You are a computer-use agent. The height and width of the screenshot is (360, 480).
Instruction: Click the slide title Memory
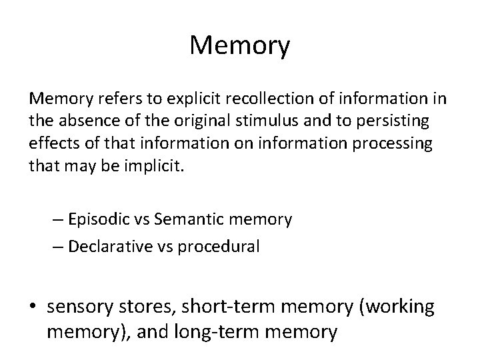pyautogui.click(x=240, y=46)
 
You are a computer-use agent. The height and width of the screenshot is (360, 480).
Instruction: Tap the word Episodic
pyautogui.click(x=97, y=219)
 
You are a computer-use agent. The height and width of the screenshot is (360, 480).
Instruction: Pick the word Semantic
pyautogui.click(x=195, y=219)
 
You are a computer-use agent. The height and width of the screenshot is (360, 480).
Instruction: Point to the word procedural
pyautogui.click(x=217, y=245)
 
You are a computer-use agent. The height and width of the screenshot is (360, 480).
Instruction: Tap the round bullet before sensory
pyautogui.click(x=33, y=307)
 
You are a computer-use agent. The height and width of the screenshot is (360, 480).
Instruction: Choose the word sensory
pyautogui.click(x=76, y=307)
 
